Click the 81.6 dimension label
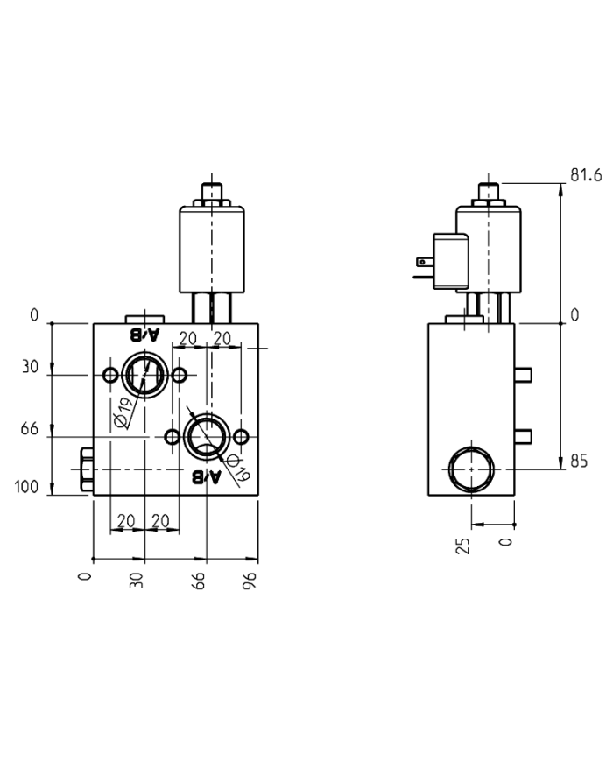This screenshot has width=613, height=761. [x=586, y=175]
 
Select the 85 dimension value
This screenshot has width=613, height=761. [x=579, y=462]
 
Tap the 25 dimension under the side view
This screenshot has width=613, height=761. [x=464, y=545]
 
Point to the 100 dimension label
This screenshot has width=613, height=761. [x=29, y=488]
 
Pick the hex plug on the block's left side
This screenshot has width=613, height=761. [x=86, y=470]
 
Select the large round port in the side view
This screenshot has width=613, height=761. [x=470, y=469]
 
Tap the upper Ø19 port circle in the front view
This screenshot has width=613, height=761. [x=142, y=376]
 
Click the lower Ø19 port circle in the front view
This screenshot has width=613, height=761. [x=207, y=435]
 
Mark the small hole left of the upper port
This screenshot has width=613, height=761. [x=110, y=376]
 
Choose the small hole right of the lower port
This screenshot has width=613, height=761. [x=243, y=435]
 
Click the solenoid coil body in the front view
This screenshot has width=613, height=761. [x=211, y=250]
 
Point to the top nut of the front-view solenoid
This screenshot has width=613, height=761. [x=211, y=191]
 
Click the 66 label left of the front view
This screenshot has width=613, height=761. [x=30, y=429]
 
